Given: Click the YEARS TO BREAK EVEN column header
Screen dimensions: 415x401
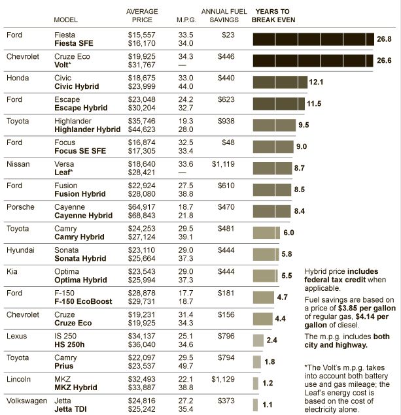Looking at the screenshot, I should point(273,16).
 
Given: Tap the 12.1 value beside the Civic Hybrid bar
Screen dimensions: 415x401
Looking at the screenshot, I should point(317,83).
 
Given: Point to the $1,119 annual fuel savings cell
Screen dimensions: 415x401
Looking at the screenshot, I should point(222,164).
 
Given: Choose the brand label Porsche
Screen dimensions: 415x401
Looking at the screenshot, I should point(20,207).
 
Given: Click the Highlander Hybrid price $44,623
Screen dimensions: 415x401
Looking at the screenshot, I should point(143,129).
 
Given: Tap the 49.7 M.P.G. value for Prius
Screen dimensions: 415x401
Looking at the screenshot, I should point(186,367).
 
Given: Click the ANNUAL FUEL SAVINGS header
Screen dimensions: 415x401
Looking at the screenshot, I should point(222,16).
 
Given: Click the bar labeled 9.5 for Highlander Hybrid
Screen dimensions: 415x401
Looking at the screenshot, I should point(274,125).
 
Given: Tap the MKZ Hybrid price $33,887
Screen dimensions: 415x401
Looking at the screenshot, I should point(143,388).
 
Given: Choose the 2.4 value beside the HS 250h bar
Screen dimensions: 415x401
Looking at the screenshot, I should point(272,340).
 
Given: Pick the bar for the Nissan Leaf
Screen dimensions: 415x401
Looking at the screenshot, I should point(272,168).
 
